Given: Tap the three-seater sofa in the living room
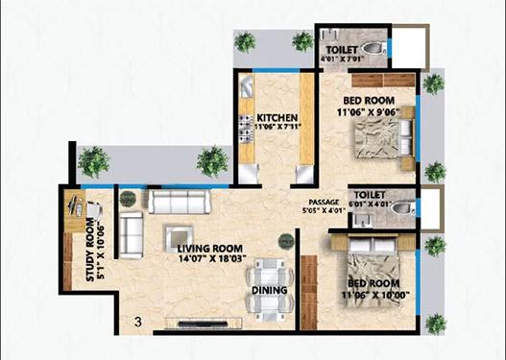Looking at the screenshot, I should pos(182,202).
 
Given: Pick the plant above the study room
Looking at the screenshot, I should pos(92,161).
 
